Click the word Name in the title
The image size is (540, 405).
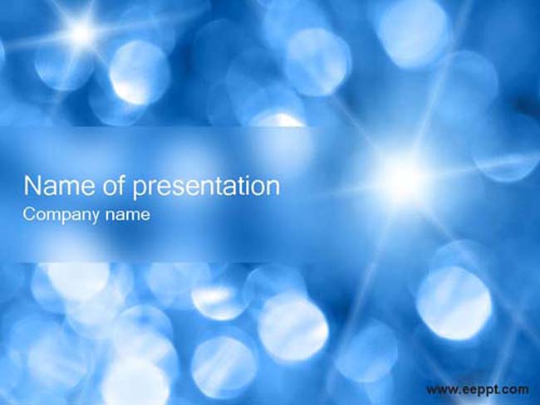tap(58, 186)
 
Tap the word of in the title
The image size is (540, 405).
tap(113, 185)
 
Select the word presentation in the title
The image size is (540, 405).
tap(206, 188)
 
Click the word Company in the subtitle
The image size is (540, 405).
tap(61, 216)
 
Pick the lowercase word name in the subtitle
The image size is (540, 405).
tap(128, 215)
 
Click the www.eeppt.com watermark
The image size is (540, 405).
tap(477, 390)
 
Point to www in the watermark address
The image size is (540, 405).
tap(441, 390)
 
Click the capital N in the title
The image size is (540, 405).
tap(32, 186)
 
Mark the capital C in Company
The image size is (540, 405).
tap(29, 214)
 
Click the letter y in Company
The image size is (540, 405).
tap(94, 217)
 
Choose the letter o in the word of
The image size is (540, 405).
tap(108, 188)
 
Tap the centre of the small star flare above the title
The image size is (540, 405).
tap(81, 32)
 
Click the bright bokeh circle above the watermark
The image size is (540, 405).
tap(454, 303)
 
